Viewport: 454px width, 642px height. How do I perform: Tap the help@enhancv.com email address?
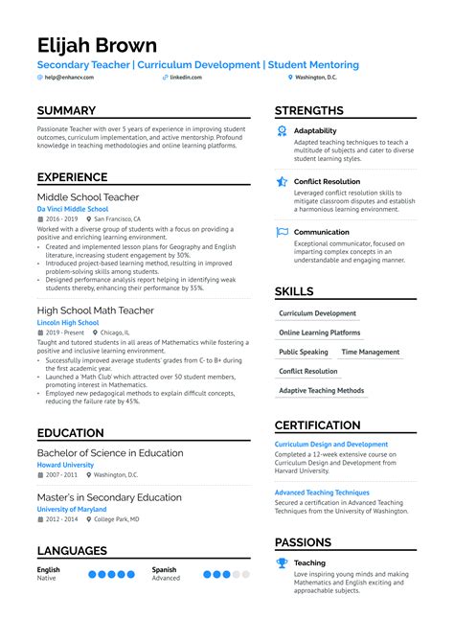coord(69,77)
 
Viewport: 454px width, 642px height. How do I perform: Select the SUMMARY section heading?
coord(66,111)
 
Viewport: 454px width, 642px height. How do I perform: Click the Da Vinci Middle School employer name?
coord(73,208)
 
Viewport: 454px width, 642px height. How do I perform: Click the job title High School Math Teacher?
coord(95,310)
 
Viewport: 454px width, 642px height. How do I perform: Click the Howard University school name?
coord(65,465)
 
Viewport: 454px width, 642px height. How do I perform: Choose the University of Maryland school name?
coord(73,509)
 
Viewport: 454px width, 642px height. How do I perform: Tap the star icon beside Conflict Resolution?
coord(282,181)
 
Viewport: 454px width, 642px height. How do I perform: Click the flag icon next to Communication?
coord(282,232)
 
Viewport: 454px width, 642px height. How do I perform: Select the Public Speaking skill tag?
coord(303,352)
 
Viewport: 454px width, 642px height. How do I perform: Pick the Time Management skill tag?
coord(370,352)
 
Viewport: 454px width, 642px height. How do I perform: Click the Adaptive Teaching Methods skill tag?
coord(321,390)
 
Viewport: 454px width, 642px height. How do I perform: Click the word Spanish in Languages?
coord(164,569)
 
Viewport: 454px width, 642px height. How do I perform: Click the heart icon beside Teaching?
coord(282,562)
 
